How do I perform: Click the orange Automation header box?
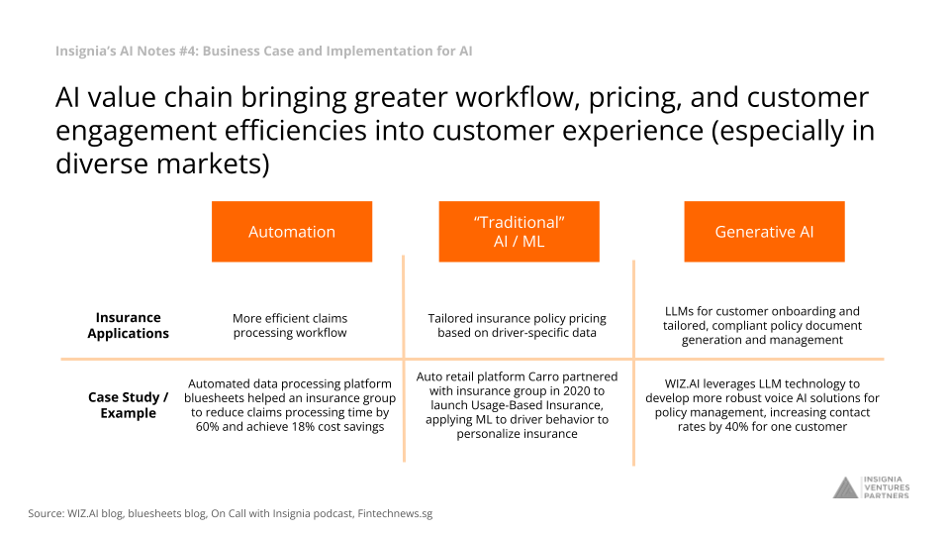[x=291, y=232]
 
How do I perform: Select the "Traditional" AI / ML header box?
[x=520, y=232]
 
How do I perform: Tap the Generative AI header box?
[x=764, y=232]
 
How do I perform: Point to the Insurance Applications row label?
[x=128, y=325]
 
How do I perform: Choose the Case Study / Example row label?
[x=128, y=404]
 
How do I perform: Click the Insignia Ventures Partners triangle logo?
[x=845, y=487]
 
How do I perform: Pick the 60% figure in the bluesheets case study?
[x=207, y=426]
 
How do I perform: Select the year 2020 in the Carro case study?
[x=570, y=390]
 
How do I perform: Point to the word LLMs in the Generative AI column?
[x=679, y=311]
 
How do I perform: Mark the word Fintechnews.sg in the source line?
[x=395, y=514]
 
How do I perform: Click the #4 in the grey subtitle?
[x=186, y=51]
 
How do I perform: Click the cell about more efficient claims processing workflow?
[x=290, y=325]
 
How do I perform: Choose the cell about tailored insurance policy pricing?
[x=517, y=325]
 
